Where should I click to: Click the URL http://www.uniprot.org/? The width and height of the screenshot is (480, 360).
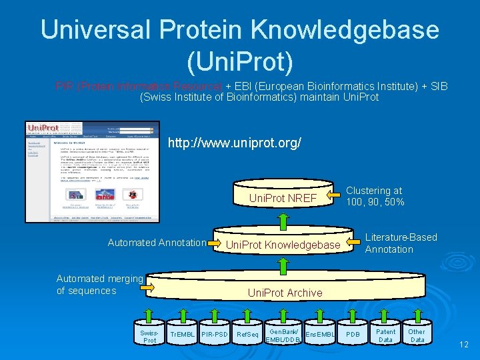click(235, 143)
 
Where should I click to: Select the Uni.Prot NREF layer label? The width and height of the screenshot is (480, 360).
click(283, 198)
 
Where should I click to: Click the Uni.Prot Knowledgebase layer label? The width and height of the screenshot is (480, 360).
click(283, 245)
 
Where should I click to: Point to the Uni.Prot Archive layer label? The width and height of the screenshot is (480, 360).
click(285, 293)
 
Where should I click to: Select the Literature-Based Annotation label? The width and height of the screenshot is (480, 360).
click(401, 243)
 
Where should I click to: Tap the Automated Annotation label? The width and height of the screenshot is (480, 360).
click(157, 243)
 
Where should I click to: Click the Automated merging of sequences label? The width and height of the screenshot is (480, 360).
click(99, 285)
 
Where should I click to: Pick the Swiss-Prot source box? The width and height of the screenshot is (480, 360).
click(151, 335)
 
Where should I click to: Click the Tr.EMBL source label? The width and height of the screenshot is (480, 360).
click(182, 333)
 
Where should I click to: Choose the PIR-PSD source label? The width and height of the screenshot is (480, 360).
click(215, 333)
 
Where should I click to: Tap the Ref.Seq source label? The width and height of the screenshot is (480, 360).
click(248, 333)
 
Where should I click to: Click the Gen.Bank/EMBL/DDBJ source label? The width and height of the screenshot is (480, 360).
click(284, 335)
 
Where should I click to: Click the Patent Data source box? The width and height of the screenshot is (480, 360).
click(385, 335)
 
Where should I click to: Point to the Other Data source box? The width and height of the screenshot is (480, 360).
click(417, 335)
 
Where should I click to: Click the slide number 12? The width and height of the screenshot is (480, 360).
click(464, 345)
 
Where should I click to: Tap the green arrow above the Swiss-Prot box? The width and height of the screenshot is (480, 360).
click(151, 313)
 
